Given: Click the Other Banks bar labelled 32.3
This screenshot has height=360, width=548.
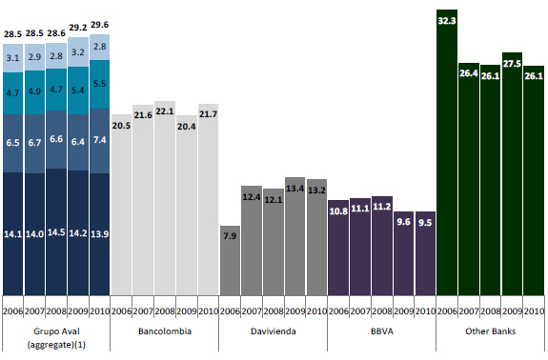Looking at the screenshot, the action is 447,152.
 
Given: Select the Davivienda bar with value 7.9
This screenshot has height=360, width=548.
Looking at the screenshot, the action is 230,261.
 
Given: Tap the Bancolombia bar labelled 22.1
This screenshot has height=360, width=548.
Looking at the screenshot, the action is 165,198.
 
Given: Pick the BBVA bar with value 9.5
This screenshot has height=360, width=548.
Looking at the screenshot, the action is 425,253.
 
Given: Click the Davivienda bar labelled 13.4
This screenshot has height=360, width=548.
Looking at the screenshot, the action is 295,236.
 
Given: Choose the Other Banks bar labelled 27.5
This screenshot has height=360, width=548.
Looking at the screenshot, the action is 512,174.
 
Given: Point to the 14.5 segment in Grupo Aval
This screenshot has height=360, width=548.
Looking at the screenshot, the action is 56,232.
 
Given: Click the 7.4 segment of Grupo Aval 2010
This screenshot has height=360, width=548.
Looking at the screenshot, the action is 100,141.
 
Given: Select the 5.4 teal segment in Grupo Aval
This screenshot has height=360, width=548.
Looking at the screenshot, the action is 78,90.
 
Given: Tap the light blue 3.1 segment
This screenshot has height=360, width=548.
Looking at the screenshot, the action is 13,58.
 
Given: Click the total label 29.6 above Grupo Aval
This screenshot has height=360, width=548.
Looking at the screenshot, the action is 100,25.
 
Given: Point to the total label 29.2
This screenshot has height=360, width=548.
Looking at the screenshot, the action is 78,28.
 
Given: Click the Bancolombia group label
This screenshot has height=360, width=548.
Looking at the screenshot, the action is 165,331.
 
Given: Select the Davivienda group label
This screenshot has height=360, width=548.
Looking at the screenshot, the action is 274,331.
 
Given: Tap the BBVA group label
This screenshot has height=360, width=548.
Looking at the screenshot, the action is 382,331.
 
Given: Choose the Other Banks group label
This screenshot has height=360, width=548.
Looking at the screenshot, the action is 490,331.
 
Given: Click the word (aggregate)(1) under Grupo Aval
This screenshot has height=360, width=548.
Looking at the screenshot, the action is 56,345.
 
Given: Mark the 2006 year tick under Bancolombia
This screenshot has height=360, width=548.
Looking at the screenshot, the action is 121,310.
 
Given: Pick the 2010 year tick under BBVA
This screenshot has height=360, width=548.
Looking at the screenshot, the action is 425,310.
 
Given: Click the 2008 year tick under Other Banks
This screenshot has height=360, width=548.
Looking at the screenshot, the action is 490,310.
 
